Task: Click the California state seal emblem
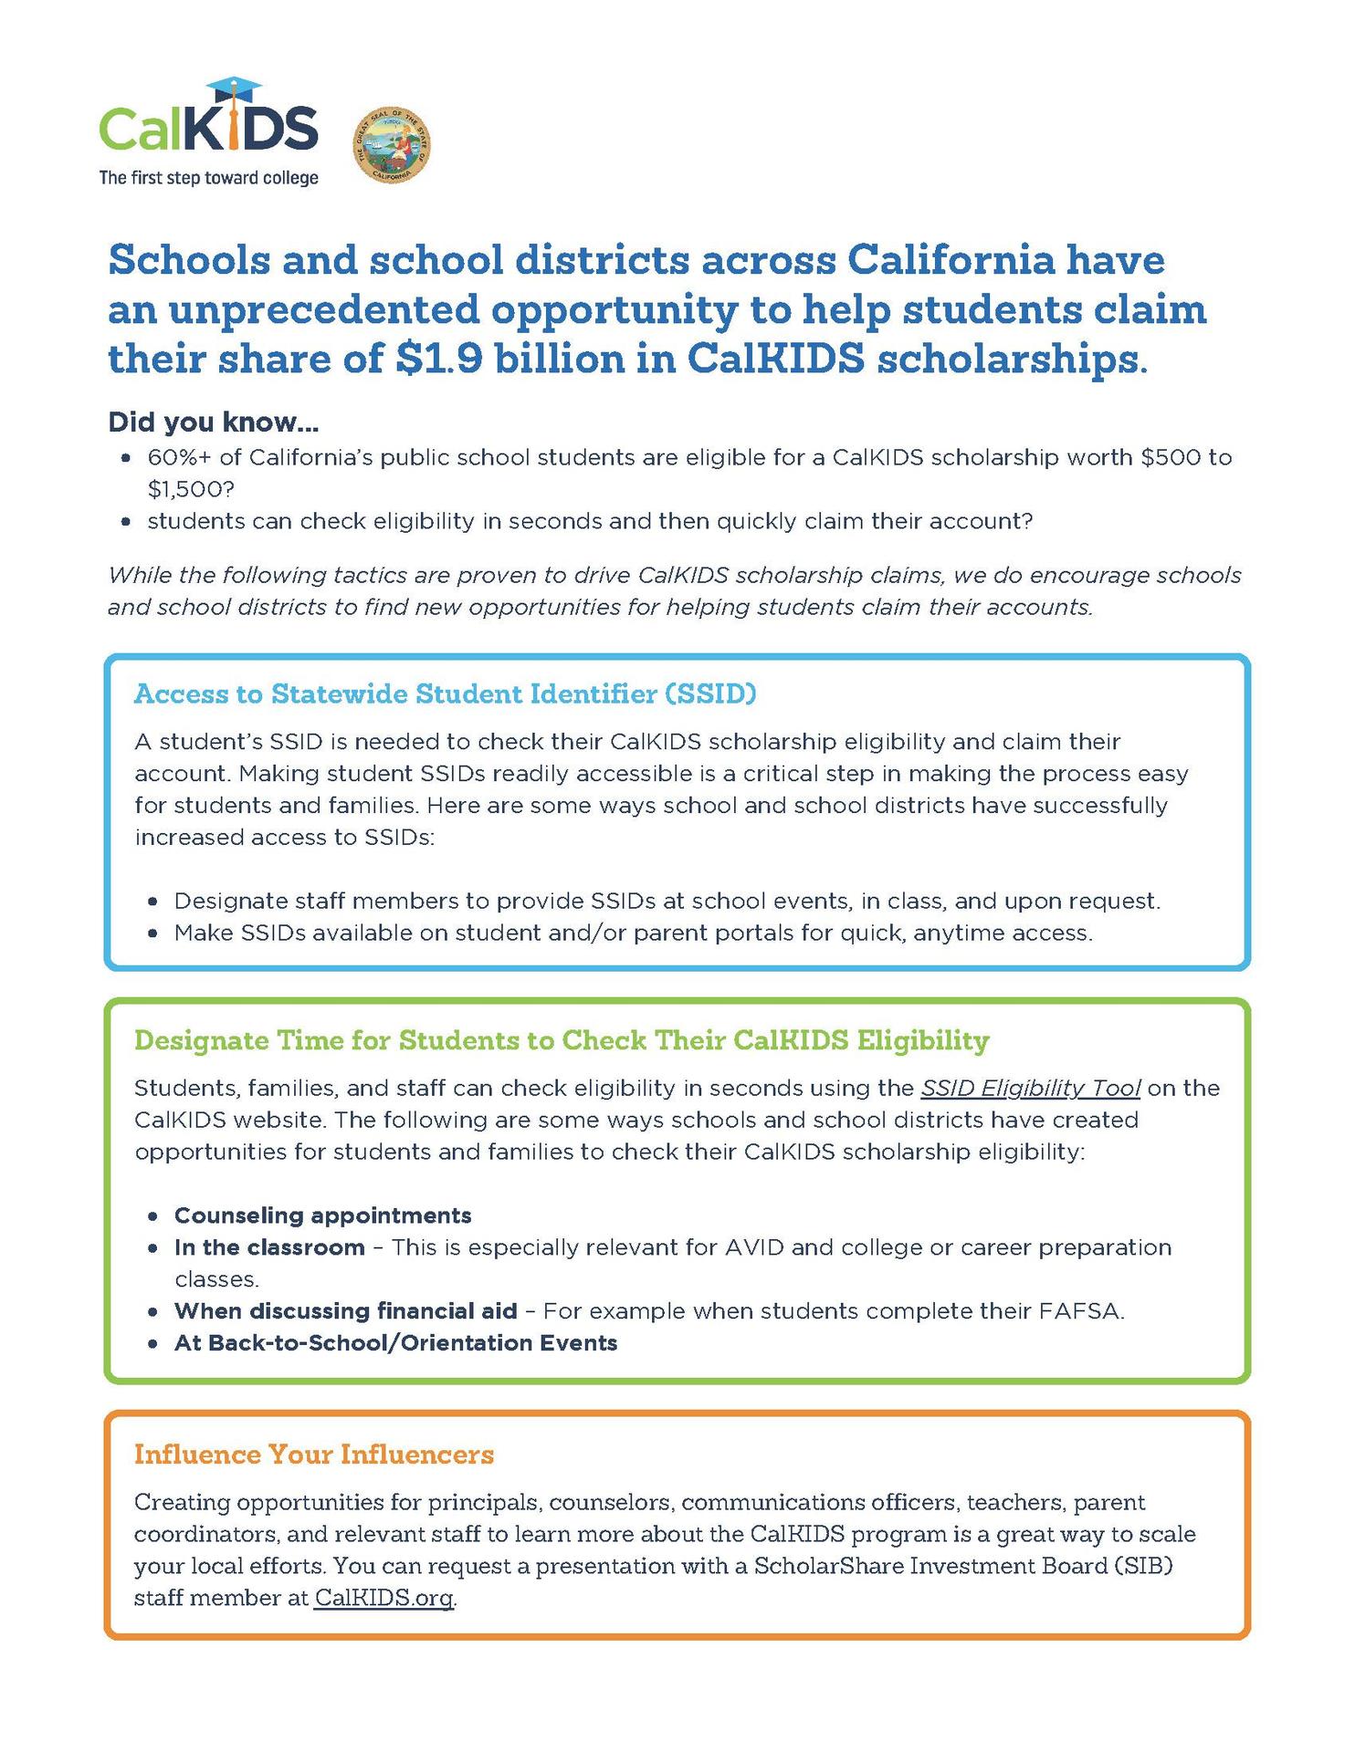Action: coord(392,144)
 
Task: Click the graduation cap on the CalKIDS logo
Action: coord(234,89)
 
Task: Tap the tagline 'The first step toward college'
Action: coord(209,178)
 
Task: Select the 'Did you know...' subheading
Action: coord(213,422)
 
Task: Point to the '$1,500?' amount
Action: coord(191,489)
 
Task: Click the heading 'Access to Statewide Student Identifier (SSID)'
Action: coord(446,693)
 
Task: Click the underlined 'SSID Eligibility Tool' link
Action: coord(1030,1088)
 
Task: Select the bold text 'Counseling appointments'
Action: coord(322,1215)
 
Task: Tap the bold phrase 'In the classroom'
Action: coord(269,1247)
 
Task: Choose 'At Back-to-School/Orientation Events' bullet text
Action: coord(395,1343)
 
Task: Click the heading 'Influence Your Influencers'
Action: coord(313,1454)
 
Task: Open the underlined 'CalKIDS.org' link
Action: coord(383,1598)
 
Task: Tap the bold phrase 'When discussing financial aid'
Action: coord(345,1311)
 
